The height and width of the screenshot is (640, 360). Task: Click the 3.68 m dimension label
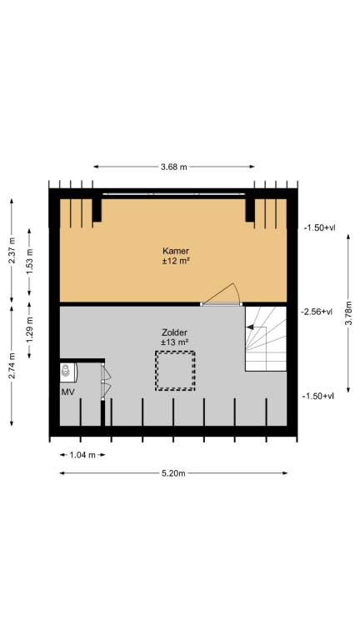click(x=174, y=167)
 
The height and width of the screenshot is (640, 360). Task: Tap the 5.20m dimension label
click(x=173, y=473)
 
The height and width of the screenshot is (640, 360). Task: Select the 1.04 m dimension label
click(x=82, y=455)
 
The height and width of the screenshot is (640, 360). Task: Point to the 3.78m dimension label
click(x=348, y=314)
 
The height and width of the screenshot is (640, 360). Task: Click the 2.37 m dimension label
click(x=12, y=250)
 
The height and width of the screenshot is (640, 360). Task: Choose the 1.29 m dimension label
click(x=29, y=330)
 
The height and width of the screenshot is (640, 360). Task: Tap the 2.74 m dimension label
click(x=12, y=366)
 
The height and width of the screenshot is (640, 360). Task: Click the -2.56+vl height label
click(x=317, y=312)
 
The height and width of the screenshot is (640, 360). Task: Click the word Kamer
click(x=176, y=251)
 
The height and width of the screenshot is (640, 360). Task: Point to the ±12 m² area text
click(x=176, y=262)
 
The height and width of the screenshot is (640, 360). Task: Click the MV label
click(x=67, y=392)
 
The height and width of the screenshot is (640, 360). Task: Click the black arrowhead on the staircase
click(x=249, y=327)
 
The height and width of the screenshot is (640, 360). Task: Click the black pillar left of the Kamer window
click(x=97, y=210)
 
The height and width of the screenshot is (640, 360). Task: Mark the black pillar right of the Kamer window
click(x=250, y=210)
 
